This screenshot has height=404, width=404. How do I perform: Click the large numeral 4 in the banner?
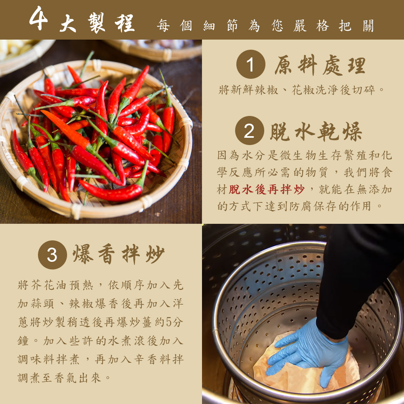[x=39, y=18]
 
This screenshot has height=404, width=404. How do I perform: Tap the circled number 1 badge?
[x=250, y=64]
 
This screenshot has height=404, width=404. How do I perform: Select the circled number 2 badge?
[x=249, y=130]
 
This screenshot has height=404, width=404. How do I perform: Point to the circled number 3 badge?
[x=52, y=255]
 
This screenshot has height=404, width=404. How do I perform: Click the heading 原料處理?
[x=320, y=65]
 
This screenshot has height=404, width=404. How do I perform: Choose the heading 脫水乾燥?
[x=316, y=131]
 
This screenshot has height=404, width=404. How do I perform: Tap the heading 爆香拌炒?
[x=118, y=254]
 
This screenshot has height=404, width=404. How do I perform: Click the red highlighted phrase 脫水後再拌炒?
[x=267, y=189]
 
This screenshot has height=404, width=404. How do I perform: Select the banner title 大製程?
[x=97, y=23]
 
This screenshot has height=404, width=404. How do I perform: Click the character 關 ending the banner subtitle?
[x=368, y=26]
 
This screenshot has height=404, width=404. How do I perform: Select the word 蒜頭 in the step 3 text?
[x=42, y=303]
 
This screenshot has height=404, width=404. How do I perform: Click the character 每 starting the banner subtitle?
[x=163, y=26]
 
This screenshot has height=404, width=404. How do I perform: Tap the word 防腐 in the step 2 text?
[x=301, y=206]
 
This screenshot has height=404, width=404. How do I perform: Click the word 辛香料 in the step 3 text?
[x=152, y=359]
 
